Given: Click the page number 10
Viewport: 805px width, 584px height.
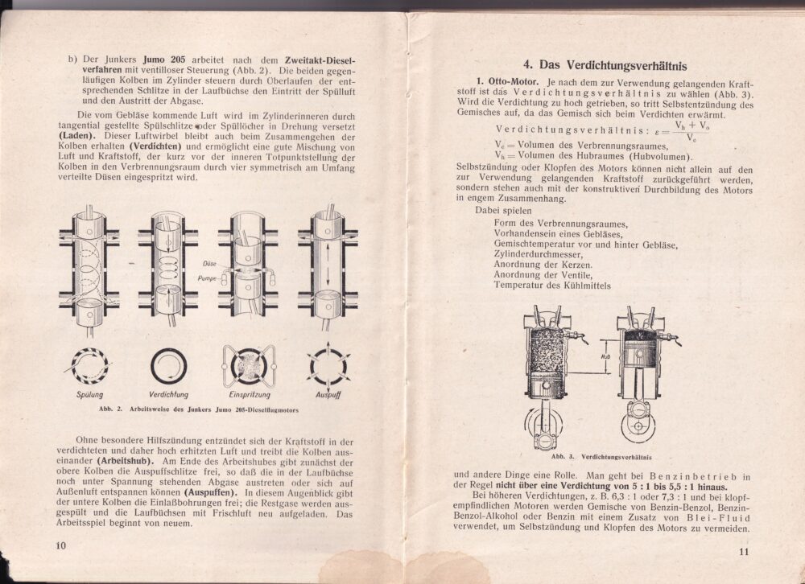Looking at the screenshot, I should pos(60,545).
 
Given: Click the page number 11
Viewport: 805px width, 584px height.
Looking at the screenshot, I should pos(742,551).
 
